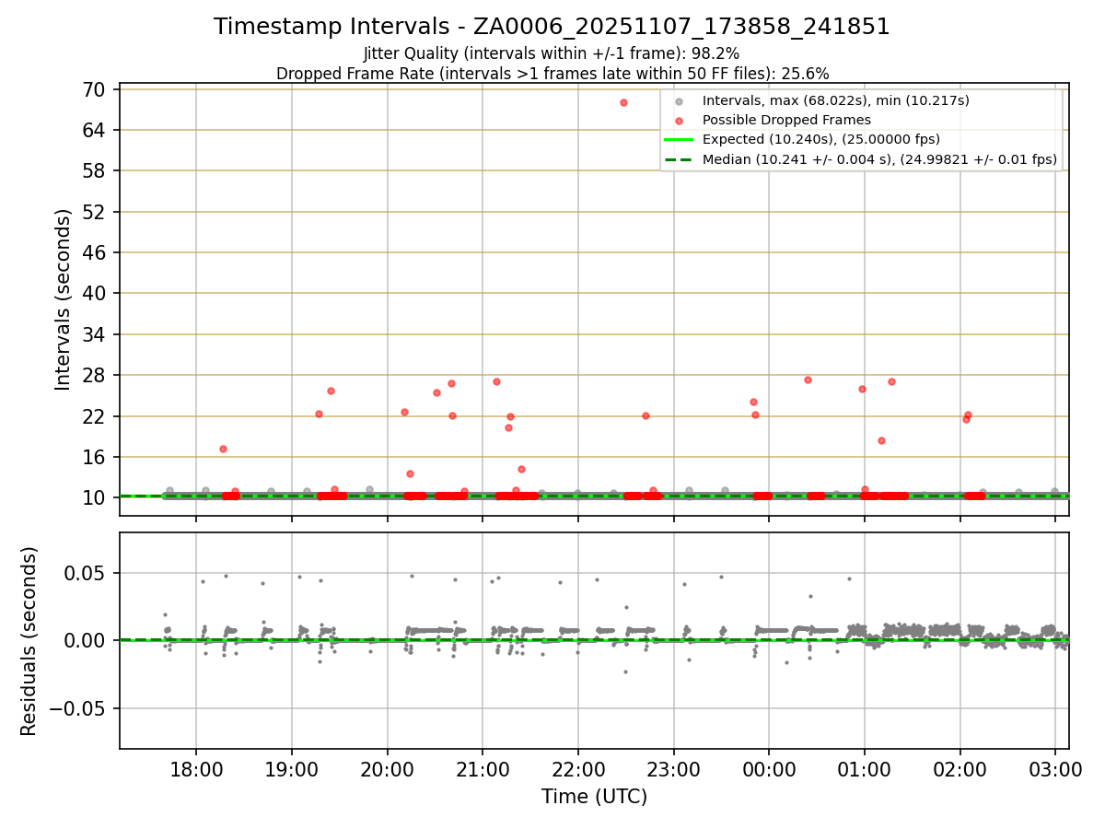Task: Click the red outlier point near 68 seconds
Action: (x=623, y=102)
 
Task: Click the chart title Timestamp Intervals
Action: (x=552, y=27)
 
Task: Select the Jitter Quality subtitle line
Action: (x=552, y=54)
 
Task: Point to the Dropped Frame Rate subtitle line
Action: (x=552, y=74)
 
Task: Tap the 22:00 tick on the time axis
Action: (x=577, y=769)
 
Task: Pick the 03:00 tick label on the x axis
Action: (x=1055, y=769)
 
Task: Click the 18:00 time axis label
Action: (x=196, y=769)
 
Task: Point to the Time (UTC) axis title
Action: (x=594, y=797)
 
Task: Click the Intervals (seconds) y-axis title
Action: (x=63, y=299)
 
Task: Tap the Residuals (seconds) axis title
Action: (x=29, y=641)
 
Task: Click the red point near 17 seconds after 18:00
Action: (x=223, y=449)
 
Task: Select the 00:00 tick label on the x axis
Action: (x=769, y=769)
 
